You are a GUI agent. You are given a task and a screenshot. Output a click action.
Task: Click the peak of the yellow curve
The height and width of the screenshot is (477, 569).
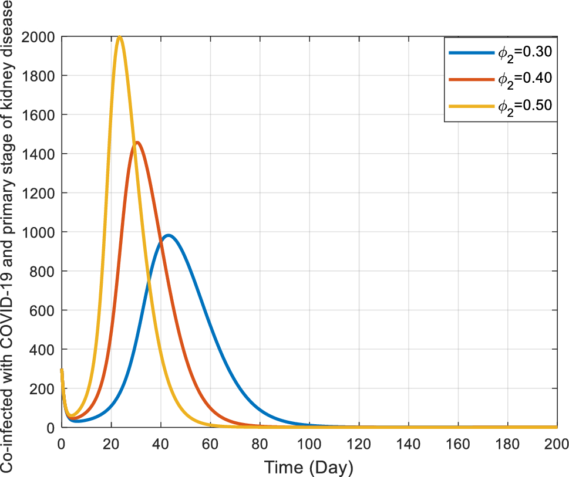click(120, 37)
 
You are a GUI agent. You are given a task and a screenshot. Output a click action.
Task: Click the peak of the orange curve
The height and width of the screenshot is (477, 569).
click(137, 142)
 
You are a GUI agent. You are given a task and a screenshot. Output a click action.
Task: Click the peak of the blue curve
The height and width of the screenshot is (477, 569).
click(169, 235)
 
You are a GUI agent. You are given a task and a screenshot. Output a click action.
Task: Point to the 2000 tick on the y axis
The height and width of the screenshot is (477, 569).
click(39, 37)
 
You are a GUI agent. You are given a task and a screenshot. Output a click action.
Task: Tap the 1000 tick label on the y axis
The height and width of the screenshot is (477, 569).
click(39, 232)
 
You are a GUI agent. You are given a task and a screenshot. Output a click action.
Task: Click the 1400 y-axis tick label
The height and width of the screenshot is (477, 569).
click(39, 154)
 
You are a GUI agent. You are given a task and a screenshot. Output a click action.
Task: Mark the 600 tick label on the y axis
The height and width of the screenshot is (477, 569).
click(43, 310)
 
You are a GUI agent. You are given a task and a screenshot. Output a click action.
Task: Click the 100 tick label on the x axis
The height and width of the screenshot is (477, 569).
click(309, 443)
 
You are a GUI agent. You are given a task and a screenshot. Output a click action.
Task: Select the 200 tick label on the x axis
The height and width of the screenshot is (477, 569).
click(557, 443)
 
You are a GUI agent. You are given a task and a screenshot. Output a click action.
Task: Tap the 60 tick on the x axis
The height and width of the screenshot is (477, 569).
click(210, 443)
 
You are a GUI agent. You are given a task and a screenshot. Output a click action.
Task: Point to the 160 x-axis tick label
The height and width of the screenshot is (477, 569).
click(457, 443)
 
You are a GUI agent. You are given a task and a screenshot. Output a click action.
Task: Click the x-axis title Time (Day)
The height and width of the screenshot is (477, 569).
click(309, 468)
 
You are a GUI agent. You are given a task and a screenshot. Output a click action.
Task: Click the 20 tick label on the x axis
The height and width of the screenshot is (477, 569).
click(110, 443)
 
